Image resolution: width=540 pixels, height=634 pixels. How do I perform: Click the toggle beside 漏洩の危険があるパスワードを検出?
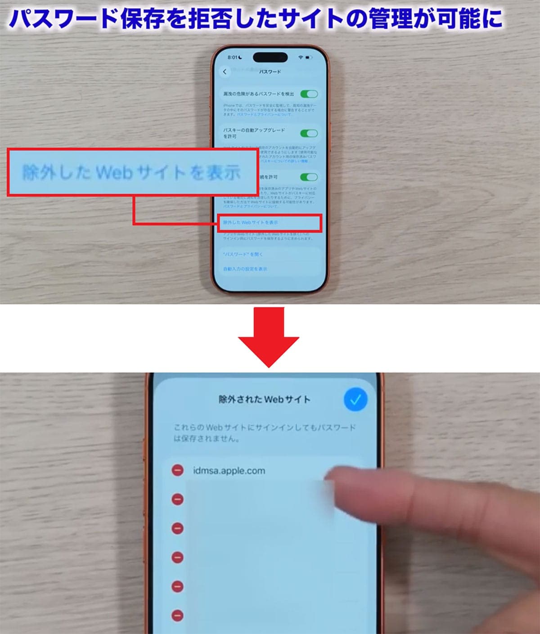309,94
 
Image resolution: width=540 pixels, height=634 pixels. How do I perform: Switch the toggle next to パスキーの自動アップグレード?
309,133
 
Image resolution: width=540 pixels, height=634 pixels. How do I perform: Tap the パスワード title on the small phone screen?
270,72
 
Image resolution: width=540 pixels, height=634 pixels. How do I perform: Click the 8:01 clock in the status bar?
232,58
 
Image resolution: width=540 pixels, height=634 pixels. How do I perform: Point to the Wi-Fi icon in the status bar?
301,58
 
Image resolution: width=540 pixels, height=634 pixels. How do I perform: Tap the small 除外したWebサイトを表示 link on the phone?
251,223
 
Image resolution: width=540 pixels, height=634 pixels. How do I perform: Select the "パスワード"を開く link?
243,254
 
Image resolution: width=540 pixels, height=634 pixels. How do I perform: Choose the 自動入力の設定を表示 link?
245,269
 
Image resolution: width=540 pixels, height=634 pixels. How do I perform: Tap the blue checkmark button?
355,400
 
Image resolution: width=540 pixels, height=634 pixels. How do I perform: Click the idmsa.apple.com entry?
229,471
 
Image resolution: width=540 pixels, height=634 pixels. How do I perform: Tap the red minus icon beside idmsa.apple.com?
178,471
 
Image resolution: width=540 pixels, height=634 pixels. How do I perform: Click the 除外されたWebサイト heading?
264,400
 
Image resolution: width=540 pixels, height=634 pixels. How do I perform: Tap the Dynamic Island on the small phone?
270,58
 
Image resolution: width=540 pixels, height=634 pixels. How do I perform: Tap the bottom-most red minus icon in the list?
178,616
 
